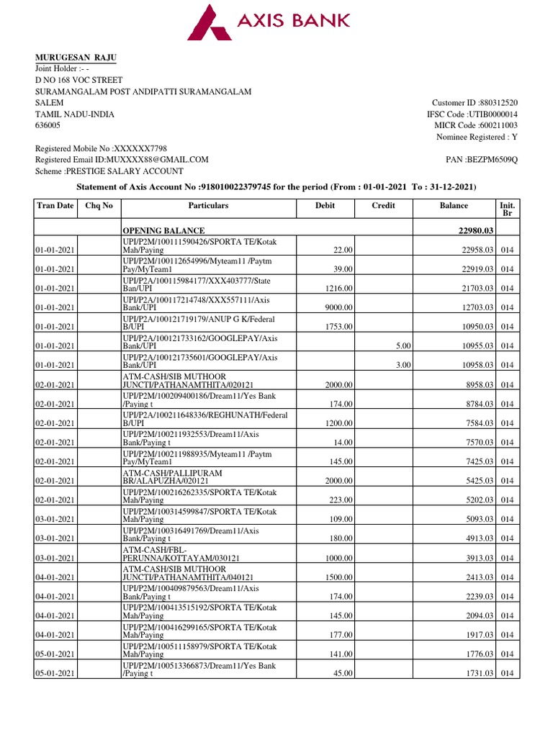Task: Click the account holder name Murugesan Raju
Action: click(76, 58)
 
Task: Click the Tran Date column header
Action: click(55, 206)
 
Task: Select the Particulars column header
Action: click(208, 206)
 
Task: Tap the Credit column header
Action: click(383, 206)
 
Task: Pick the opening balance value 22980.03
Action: click(470, 230)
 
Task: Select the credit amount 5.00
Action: click(403, 345)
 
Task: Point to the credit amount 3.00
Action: click(403, 365)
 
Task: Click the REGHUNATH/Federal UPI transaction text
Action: click(205, 419)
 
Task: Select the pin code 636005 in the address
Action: click(48, 125)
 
